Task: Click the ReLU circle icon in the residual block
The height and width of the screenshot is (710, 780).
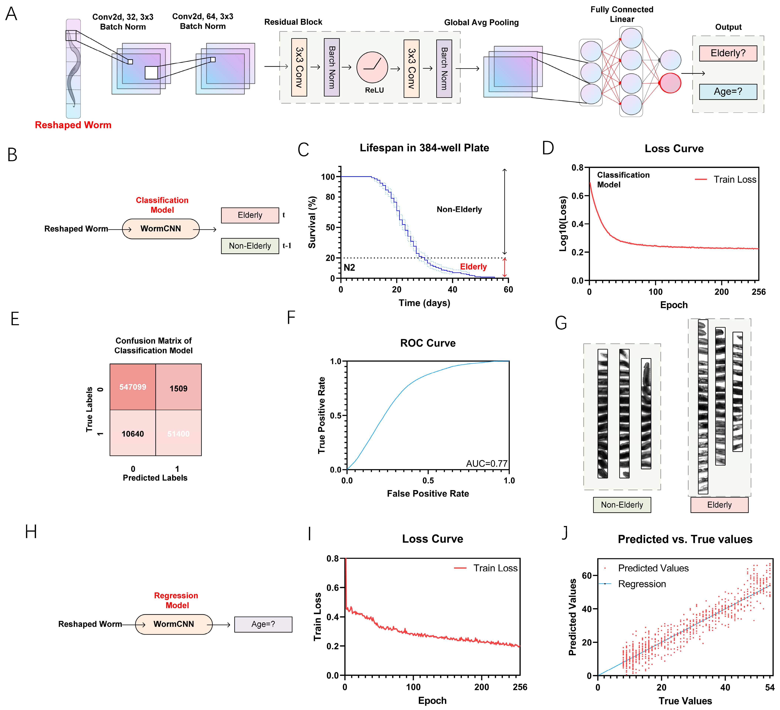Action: pos(372,67)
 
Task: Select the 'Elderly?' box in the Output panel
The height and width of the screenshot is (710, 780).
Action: pos(728,53)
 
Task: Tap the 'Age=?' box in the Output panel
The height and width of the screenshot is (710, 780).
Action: pos(728,92)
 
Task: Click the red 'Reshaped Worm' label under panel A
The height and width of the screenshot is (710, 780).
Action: pos(73,125)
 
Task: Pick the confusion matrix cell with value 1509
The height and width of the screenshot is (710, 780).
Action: pos(178,388)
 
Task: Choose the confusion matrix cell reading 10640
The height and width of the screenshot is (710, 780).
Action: pos(133,434)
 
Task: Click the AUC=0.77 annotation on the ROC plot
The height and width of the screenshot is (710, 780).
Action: pos(486,463)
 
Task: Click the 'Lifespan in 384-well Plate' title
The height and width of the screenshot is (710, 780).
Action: pos(424,148)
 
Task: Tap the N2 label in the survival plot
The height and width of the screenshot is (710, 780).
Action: pos(349,268)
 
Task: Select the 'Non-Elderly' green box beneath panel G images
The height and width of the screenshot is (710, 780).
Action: pos(622,505)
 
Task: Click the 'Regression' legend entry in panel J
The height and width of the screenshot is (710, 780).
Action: pos(642,584)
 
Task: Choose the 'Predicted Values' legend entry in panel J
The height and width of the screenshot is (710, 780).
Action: pos(653,568)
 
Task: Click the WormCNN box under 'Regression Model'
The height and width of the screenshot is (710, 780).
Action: pos(174,624)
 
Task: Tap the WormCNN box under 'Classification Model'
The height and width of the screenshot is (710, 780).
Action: pos(161,229)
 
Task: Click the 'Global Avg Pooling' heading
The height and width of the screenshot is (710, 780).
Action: pos(481,22)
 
